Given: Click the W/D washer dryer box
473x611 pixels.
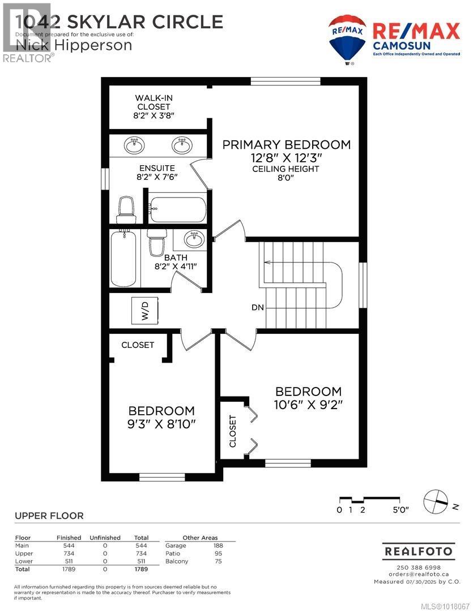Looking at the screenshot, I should [x=144, y=311].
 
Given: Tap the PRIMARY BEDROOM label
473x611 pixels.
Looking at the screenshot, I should [x=286, y=145].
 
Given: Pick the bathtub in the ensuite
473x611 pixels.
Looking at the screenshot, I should [x=177, y=209].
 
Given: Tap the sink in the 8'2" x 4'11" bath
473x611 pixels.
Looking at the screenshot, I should [x=194, y=240].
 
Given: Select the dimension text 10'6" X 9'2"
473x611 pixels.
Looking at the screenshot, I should [x=309, y=405].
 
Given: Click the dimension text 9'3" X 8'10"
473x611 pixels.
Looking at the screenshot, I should [x=161, y=424].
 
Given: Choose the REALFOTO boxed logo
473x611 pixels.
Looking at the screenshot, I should [x=419, y=550].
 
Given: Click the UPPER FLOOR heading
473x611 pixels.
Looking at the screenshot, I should [x=49, y=515].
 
